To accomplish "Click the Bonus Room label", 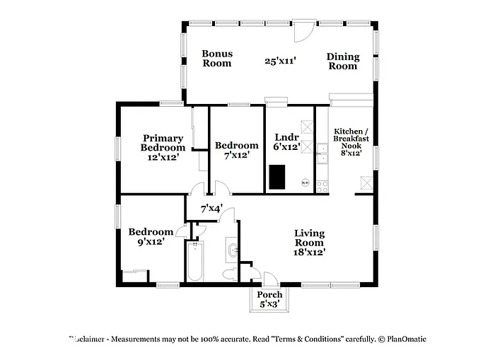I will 216,58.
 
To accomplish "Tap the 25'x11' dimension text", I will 280,61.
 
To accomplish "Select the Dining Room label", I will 342,61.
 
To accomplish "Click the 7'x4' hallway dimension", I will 211,209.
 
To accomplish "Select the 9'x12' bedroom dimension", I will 150,241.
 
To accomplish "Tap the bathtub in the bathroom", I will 195,262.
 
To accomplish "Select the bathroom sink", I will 233,250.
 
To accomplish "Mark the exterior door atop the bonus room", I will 304,30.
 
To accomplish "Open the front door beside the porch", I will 270,279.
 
